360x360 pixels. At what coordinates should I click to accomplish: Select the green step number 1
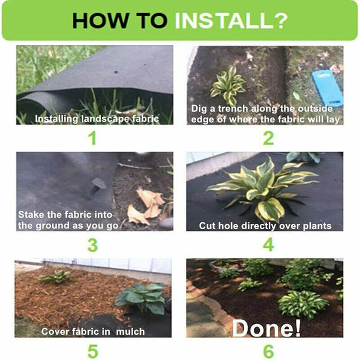coord(92,138)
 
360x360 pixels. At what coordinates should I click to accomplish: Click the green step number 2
coord(268,138)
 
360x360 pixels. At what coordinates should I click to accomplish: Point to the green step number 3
coord(92,245)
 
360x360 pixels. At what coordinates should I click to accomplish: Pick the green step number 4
coord(268,245)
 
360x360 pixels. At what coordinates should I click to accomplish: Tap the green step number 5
coord(93,352)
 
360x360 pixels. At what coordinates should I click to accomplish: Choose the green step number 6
coord(268,352)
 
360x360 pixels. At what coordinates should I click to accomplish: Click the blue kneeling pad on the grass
coord(327,88)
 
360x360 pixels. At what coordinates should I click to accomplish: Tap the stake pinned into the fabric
coord(97,187)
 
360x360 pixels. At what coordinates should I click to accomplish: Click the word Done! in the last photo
coord(266,328)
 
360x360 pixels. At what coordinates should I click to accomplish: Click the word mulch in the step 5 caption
coord(130,332)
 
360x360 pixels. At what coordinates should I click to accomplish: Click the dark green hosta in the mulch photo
coord(142,298)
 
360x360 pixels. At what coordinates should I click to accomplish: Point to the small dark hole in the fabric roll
coord(116,72)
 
